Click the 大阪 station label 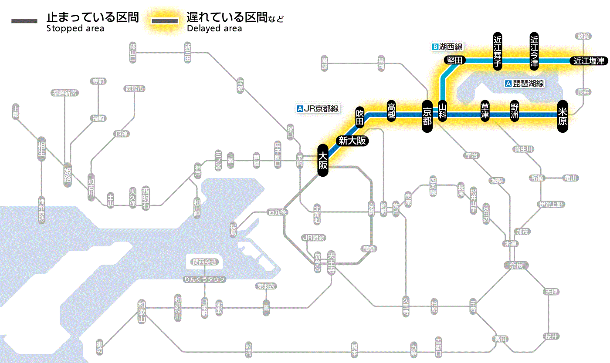322,160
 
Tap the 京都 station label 427,115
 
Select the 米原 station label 563,116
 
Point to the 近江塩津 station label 589,61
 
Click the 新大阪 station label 352,141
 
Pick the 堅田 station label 454,60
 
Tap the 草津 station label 485,112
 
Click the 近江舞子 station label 498,51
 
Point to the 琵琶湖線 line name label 525,84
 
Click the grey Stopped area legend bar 25,21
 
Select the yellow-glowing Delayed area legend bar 165,21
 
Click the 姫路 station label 68,175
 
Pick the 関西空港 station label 204,262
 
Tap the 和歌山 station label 142,311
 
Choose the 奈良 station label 516,265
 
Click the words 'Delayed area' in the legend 214,29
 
